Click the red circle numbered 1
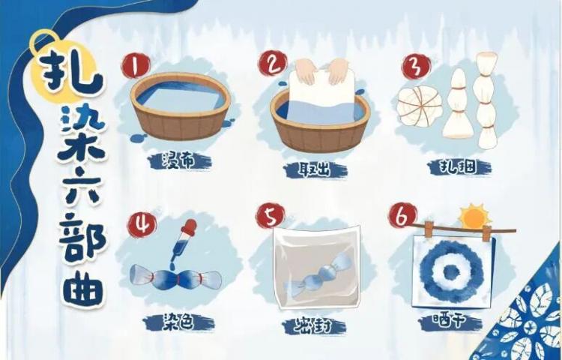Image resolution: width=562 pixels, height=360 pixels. point(135,66)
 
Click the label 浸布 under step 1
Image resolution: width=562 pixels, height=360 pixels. point(180,162)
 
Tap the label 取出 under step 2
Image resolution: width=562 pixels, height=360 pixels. point(315,169)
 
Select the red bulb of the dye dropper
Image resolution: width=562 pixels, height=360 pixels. point(190,227)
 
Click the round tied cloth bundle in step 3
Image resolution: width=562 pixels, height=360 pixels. point(417,106)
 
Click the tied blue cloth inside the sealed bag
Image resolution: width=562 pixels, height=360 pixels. point(315,275)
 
